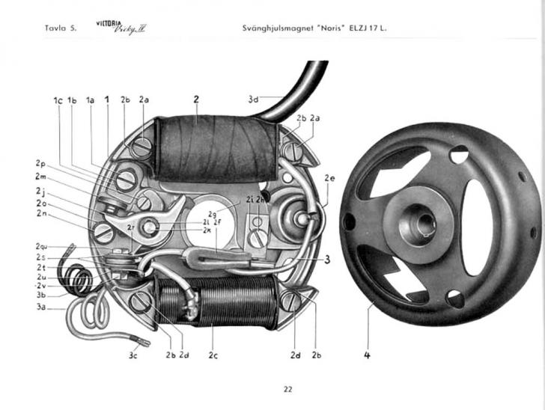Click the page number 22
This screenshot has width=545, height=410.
288,388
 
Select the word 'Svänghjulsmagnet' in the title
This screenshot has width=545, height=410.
276,29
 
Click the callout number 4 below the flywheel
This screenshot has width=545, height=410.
367,355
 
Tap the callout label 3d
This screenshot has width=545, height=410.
254,98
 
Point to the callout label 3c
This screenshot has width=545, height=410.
133,355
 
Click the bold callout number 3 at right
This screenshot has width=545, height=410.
327,260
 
